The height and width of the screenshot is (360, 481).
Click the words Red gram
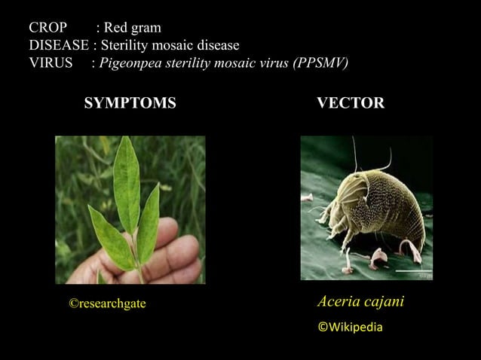(x=132, y=29)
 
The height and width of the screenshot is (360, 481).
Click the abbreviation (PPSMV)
(x=318, y=63)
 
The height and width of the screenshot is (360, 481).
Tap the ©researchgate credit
(x=107, y=303)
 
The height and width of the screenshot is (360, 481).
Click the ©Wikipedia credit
(x=350, y=327)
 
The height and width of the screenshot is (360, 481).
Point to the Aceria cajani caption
(x=360, y=302)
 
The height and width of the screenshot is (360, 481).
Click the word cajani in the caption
(x=382, y=302)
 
